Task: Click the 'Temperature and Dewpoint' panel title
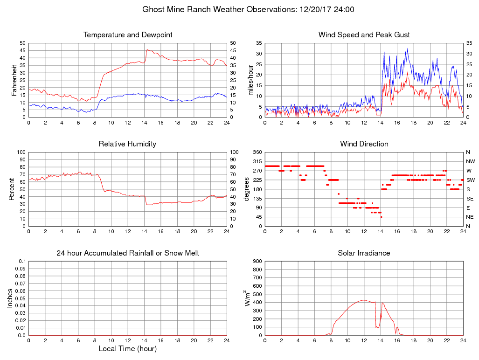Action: pyautogui.click(x=128, y=35)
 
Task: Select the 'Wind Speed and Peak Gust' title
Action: pyautogui.click(x=364, y=35)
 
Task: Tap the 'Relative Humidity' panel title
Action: pyautogui.click(x=128, y=144)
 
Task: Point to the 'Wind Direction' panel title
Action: pyautogui.click(x=364, y=144)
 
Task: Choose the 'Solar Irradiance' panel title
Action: pyautogui.click(x=364, y=253)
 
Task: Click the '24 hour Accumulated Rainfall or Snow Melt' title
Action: pyautogui.click(x=128, y=253)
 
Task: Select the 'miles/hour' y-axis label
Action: pyautogui.click(x=251, y=80)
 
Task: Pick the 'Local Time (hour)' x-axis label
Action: pyautogui.click(x=128, y=349)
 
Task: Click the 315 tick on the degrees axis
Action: pyautogui.click(x=257, y=161)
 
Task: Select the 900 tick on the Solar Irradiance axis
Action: pyautogui.click(x=257, y=261)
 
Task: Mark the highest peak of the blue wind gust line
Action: pyautogui.click(x=407, y=48)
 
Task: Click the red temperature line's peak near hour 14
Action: pyautogui.click(x=147, y=49)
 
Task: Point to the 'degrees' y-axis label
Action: pyautogui.click(x=247, y=189)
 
